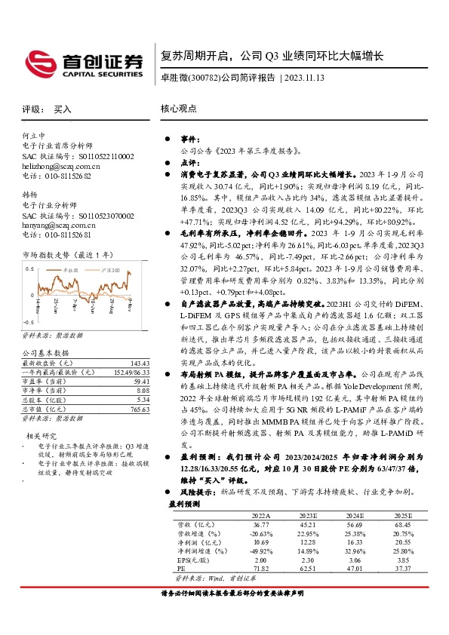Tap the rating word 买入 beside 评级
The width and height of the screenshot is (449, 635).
[63, 109]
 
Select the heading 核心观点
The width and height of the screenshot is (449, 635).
[178, 109]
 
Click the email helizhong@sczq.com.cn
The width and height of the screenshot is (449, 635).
[61, 164]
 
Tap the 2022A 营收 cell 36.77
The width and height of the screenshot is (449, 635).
[260, 523]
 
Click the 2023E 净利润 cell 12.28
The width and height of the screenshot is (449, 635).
[301, 541]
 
